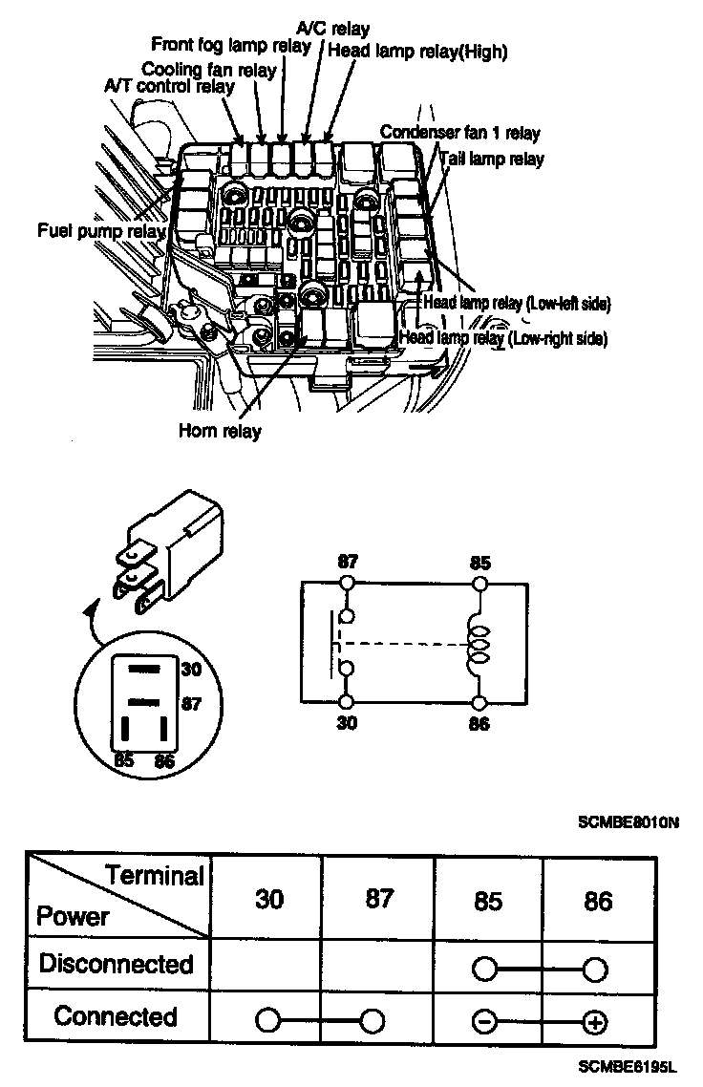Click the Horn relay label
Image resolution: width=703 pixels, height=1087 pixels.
(x=220, y=430)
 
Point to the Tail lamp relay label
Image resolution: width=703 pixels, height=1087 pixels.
(x=492, y=159)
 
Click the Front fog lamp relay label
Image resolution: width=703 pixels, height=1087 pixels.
(x=232, y=46)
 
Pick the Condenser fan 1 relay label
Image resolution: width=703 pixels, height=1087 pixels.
(x=460, y=131)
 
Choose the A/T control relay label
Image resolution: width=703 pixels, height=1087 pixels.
(x=169, y=86)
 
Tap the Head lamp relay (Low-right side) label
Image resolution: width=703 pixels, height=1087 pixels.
(x=503, y=338)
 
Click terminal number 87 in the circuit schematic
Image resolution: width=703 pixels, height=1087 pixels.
(x=347, y=561)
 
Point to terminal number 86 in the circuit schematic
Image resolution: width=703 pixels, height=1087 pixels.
(x=480, y=724)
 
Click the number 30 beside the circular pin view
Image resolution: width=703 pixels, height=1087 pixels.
(x=191, y=670)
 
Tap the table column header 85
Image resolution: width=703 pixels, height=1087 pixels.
(x=488, y=902)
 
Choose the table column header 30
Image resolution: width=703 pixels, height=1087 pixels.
(x=269, y=900)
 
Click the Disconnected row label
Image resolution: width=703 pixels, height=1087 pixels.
(x=116, y=964)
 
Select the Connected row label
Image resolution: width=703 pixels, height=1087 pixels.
(x=116, y=1015)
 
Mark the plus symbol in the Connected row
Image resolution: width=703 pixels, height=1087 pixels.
(x=595, y=1022)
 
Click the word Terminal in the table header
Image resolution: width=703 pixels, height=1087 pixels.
(x=155, y=875)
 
